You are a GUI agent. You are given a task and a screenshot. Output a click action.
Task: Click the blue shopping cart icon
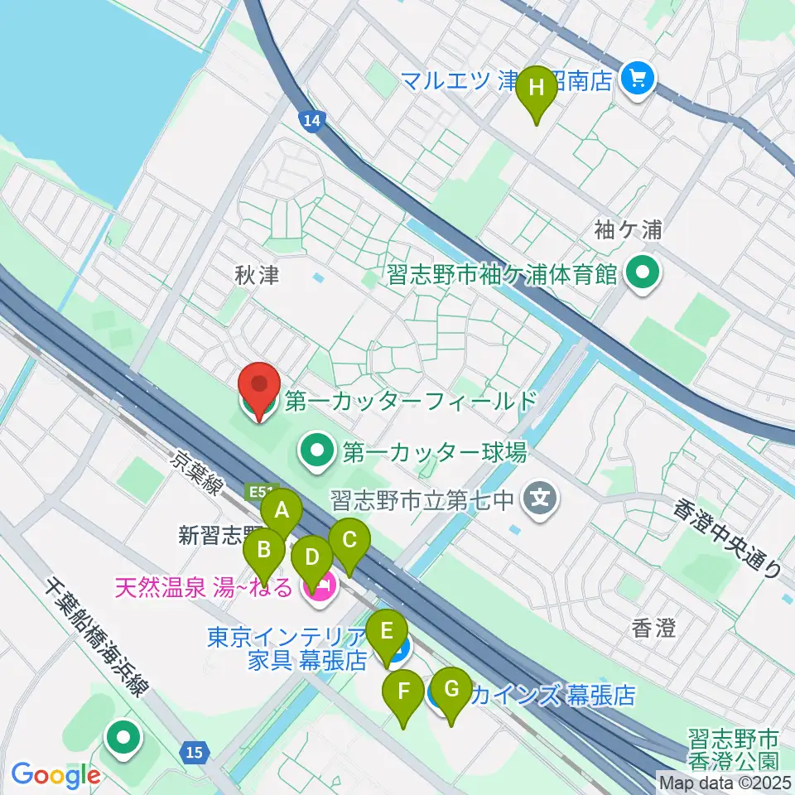click(x=638, y=79)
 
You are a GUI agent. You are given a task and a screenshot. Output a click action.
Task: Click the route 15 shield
click(x=193, y=752)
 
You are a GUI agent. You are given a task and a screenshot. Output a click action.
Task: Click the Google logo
click(x=55, y=775)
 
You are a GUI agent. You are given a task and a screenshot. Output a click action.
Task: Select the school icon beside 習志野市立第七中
click(x=542, y=499)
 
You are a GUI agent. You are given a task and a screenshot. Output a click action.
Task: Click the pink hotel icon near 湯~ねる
click(x=317, y=588)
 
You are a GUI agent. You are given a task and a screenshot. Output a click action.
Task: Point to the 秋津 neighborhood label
click(x=257, y=275)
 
